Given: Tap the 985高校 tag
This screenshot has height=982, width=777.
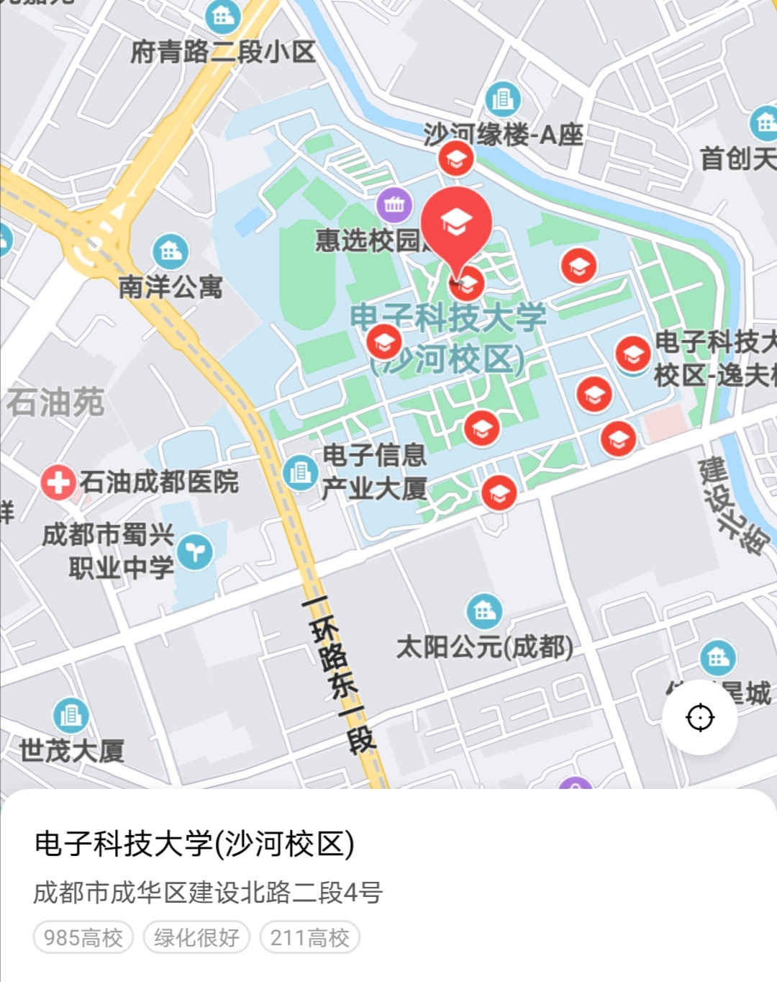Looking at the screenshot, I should [x=83, y=937].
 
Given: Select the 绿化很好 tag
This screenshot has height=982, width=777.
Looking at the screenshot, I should [x=196, y=937].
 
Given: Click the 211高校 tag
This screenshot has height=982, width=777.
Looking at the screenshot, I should [x=309, y=937].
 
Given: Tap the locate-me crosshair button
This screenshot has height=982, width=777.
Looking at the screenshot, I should [x=699, y=717].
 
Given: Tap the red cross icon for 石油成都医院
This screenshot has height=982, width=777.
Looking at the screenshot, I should [x=58, y=482].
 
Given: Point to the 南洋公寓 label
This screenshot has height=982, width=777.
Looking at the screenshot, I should [x=171, y=287].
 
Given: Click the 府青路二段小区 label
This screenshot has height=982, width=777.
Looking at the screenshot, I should [x=223, y=52].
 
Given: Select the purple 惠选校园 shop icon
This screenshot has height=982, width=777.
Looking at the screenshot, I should [x=394, y=205].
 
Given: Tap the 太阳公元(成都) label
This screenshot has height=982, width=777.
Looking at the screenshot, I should [x=485, y=647].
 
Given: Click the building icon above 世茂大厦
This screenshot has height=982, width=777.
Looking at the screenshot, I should [x=71, y=715].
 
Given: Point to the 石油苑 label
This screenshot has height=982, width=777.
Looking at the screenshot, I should [x=55, y=402].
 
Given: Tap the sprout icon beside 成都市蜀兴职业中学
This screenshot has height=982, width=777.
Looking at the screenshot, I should [x=195, y=552].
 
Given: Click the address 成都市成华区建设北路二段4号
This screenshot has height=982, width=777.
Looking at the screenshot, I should [x=208, y=893].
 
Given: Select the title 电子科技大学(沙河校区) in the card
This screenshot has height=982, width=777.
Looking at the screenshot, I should [x=194, y=844].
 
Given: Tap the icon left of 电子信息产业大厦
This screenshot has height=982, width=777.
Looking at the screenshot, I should [x=300, y=472].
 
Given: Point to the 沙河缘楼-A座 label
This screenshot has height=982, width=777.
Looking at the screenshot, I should [x=503, y=135].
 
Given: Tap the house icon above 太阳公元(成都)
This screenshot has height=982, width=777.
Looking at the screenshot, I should [x=484, y=611].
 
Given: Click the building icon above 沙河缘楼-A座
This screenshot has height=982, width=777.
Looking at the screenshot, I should [x=502, y=99].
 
